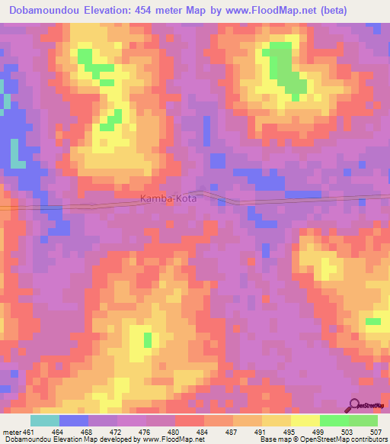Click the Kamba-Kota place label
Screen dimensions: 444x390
click(168, 198)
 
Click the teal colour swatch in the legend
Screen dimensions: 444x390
click(45, 420)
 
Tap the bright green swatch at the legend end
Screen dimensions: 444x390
click(363, 420)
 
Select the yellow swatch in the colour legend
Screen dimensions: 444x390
click(305, 420)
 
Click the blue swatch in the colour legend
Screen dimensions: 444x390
click(74, 420)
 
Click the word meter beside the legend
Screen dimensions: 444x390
click(11, 431)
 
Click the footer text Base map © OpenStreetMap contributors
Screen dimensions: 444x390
click(323, 439)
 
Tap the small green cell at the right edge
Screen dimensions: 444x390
click(372, 321)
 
